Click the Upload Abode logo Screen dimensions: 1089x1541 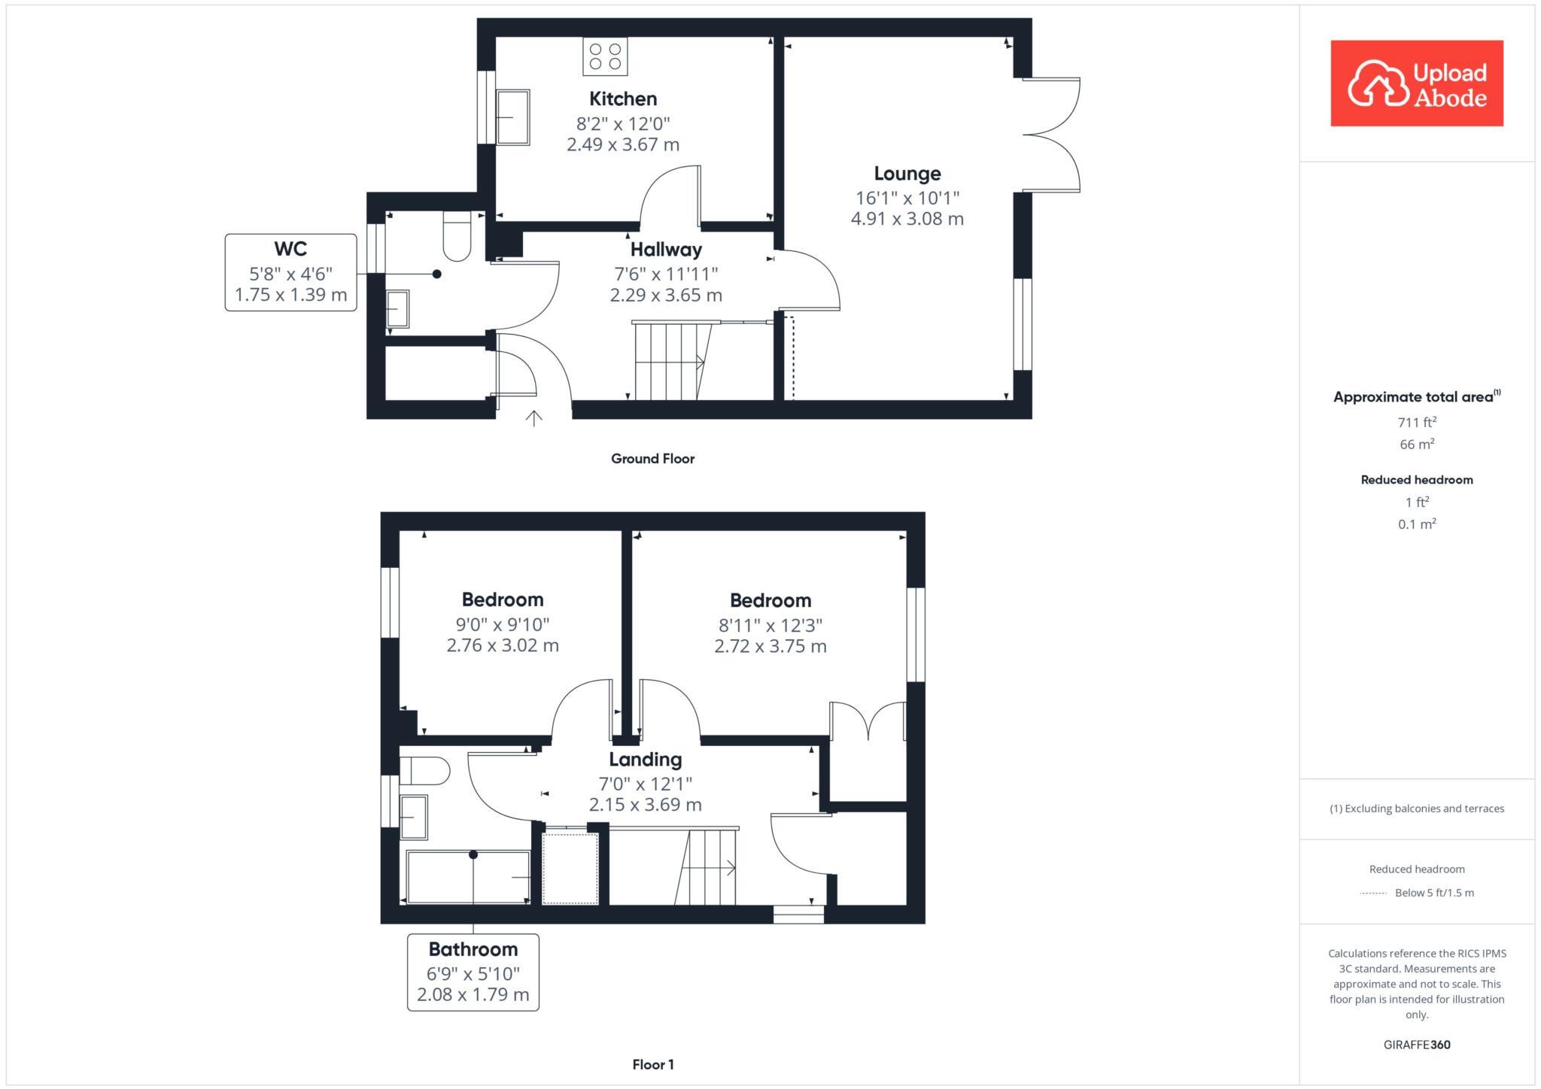point(1416,83)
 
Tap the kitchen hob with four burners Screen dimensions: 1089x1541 point(605,56)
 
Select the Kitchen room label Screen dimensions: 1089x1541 point(623,99)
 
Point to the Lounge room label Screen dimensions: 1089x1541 point(907,174)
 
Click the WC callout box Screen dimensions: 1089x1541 point(290,271)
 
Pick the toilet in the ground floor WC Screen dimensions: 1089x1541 point(457,234)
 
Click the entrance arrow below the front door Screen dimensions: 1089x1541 point(533,418)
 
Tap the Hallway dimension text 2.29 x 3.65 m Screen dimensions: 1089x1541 point(666,296)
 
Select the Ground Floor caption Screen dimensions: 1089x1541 point(652,459)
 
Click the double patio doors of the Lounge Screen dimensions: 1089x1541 point(1052,135)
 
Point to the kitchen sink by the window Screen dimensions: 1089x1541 point(512,117)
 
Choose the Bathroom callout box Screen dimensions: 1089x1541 point(473,972)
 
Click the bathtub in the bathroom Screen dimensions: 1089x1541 point(468,877)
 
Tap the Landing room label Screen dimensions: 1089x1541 point(645,760)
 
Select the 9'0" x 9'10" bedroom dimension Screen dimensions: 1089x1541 point(503,624)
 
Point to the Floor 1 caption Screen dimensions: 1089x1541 point(653,1064)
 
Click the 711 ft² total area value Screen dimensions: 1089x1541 point(1417,422)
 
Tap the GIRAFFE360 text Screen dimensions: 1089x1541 point(1417,1045)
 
